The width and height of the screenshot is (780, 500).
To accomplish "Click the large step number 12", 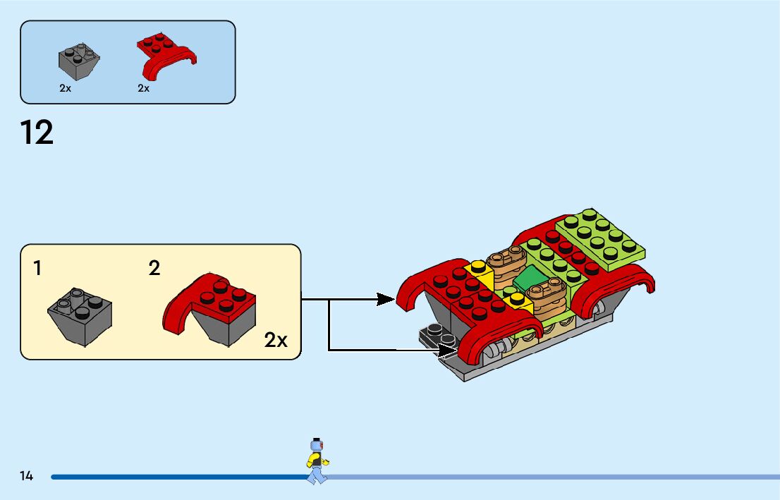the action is click(36, 133).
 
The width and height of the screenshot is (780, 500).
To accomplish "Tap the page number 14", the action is click(26, 476).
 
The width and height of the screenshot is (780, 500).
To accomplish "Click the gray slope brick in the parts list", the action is click(79, 61).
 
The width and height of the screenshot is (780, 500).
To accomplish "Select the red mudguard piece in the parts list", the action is click(166, 55).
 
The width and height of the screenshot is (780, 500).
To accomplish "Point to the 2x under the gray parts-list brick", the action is click(65, 88).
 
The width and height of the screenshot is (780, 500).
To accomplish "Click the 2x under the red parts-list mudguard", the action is click(143, 88).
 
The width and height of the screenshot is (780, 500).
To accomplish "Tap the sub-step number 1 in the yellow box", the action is click(37, 268).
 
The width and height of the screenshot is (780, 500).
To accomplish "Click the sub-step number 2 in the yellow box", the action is click(154, 268).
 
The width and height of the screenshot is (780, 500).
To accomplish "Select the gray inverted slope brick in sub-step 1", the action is click(80, 317).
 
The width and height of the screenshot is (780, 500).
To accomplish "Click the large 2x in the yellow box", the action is click(276, 341).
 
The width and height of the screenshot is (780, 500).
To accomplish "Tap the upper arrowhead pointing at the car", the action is click(386, 299).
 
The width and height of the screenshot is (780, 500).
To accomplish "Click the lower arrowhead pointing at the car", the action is click(447, 350).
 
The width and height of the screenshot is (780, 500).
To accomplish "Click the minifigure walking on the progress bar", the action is click(317, 461).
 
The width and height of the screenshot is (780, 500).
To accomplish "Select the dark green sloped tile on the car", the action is click(530, 278).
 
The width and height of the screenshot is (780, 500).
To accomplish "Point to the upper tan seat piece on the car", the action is click(506, 263).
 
